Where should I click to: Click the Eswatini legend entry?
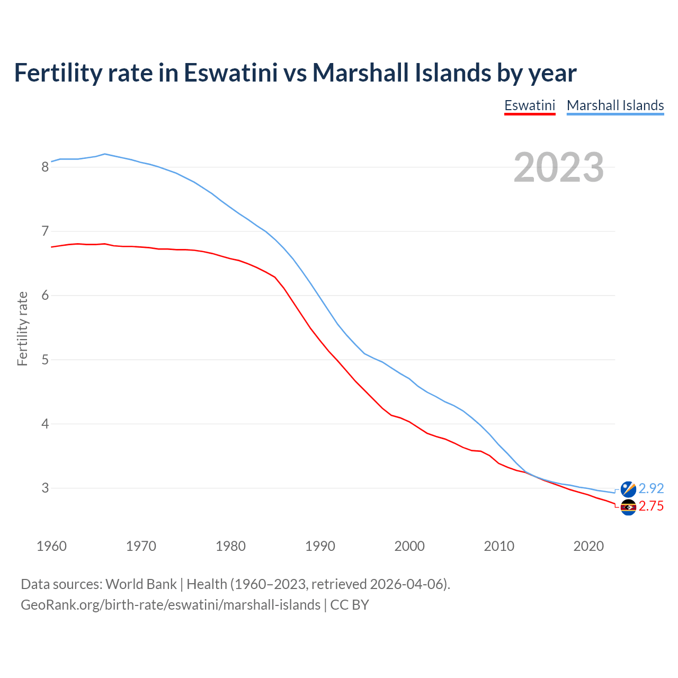529,105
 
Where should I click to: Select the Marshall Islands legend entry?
615,105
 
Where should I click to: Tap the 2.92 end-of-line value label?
651,488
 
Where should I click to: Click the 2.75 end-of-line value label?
651,506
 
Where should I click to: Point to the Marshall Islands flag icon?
628,489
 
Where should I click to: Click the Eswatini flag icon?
628,507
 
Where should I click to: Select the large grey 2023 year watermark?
559,167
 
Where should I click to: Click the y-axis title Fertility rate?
22,328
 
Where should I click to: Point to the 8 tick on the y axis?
45,167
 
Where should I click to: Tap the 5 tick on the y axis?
45,360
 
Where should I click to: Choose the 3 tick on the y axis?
45,488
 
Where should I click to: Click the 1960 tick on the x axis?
51,546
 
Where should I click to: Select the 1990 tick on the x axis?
320,546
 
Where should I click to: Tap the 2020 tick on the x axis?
588,546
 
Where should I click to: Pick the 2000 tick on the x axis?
409,546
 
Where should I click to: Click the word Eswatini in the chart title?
230,73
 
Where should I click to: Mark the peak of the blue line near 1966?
105,154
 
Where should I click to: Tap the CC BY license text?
350,605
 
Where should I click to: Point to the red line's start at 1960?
51,247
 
